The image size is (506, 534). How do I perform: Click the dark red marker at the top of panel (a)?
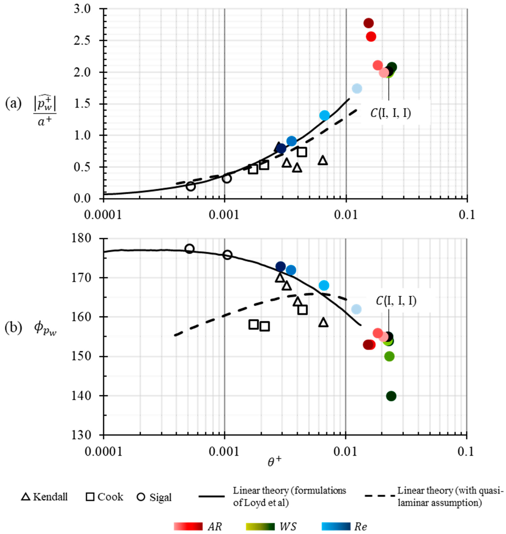[x=368, y=23]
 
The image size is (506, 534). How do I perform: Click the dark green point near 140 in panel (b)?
[x=391, y=396]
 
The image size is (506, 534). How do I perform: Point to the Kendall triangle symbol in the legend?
[x=26, y=497]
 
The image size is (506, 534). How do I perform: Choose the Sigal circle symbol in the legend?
[x=141, y=497]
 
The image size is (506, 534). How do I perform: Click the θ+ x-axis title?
[x=274, y=462]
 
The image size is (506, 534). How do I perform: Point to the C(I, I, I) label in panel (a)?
[x=391, y=113]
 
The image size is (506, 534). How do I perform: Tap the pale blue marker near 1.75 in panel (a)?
[x=357, y=88]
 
